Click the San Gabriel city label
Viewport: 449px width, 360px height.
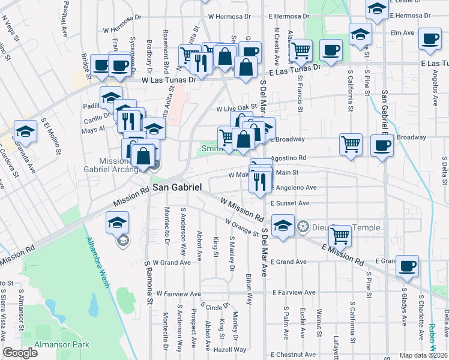(176, 188)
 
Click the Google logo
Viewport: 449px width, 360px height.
(20, 353)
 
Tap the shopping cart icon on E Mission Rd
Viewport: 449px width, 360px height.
(340, 236)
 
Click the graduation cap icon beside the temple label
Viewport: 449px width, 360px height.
(282, 226)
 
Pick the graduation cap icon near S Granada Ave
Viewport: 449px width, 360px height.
(25, 131)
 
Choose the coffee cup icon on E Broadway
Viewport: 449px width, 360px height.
(381, 145)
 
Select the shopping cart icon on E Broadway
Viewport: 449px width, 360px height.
(351, 143)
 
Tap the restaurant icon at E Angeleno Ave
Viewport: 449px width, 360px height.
(259, 181)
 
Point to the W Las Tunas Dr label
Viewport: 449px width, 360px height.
(169, 79)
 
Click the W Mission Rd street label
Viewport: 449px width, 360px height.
(242, 209)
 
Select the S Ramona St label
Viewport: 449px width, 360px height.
(147, 283)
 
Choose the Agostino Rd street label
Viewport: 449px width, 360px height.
(289, 158)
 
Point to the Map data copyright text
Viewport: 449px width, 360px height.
(423, 355)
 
